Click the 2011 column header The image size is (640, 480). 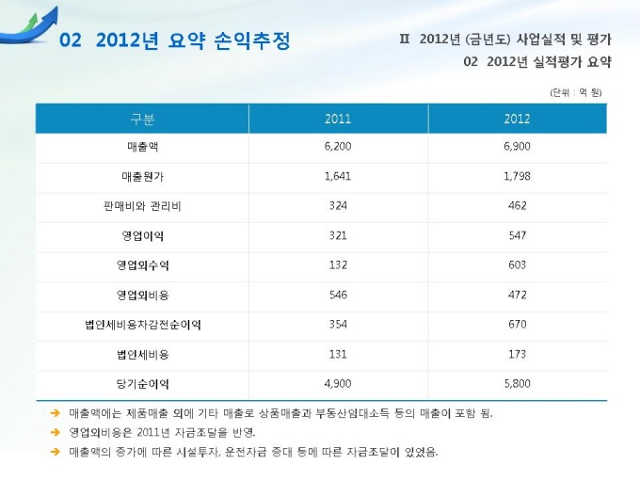point(337,119)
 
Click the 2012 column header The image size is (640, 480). point(517,119)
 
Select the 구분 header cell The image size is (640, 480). point(142,119)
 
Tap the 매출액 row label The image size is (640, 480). point(142,148)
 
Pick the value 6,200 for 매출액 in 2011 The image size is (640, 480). point(337,148)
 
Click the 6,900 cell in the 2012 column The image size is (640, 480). point(517,148)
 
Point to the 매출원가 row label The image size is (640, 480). point(142,176)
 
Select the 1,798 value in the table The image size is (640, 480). point(517,176)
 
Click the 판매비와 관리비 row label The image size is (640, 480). point(142,205)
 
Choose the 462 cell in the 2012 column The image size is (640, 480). point(517,205)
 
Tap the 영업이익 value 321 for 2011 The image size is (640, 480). point(337,235)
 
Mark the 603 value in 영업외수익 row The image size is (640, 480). point(517,265)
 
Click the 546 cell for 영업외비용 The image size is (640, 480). point(337,295)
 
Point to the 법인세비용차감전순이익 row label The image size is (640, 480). point(142,325)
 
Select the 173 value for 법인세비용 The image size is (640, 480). point(517,354)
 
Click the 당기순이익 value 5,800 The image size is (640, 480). point(517,384)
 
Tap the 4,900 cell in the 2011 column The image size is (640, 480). point(337,384)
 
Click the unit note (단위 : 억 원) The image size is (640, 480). point(575,91)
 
